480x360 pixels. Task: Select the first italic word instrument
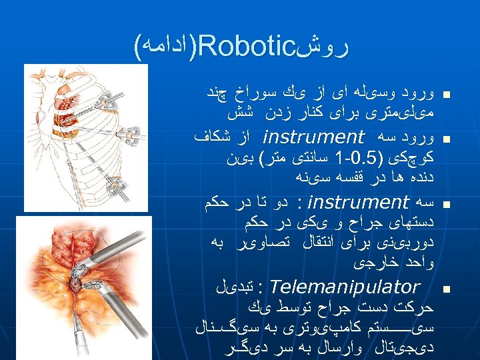coord(314,139)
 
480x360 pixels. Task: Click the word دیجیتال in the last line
coord(410,347)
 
